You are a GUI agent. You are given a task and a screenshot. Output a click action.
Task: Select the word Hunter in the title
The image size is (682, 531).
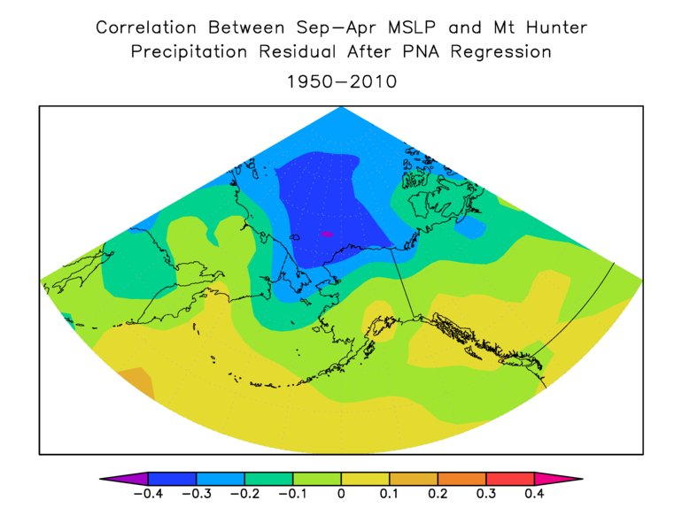point(554,27)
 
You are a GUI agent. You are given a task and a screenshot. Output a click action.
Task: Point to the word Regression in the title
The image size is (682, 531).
point(501,53)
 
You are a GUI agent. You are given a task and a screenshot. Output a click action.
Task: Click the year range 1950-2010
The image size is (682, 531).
point(341,81)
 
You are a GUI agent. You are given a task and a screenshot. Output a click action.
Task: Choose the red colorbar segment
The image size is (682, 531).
point(509,479)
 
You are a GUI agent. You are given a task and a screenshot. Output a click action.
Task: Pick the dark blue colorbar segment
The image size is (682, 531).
point(172,479)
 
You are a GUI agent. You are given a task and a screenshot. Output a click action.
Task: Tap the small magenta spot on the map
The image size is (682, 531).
point(326,234)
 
